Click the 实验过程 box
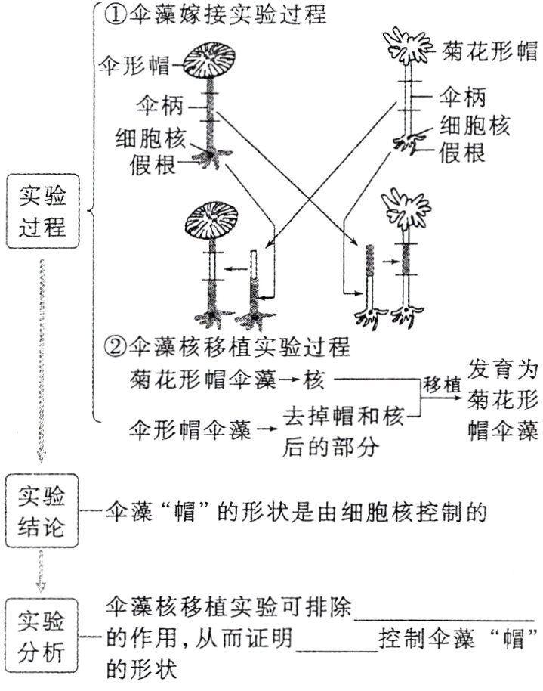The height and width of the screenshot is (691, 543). click(x=42, y=213)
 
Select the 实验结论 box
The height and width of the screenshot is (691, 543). click(x=42, y=512)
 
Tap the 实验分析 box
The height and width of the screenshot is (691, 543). click(x=42, y=636)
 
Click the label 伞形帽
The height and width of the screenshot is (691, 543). click(x=136, y=67)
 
